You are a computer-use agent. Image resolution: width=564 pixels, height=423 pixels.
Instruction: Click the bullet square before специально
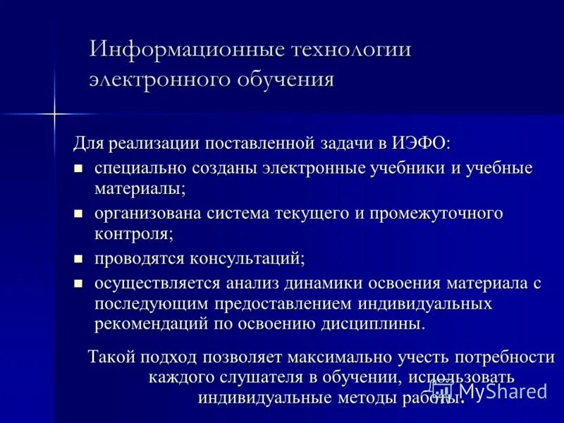(x=79, y=168)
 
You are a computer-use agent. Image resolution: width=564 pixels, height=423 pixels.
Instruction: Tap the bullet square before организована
(x=79, y=213)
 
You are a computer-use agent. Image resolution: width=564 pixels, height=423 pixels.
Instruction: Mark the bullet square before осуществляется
(x=79, y=283)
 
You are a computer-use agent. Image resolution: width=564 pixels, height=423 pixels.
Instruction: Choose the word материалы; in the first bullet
(x=140, y=188)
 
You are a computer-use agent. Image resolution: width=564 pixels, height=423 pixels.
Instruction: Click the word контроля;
(x=134, y=233)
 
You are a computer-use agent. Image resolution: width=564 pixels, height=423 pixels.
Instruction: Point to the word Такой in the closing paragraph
(x=111, y=357)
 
